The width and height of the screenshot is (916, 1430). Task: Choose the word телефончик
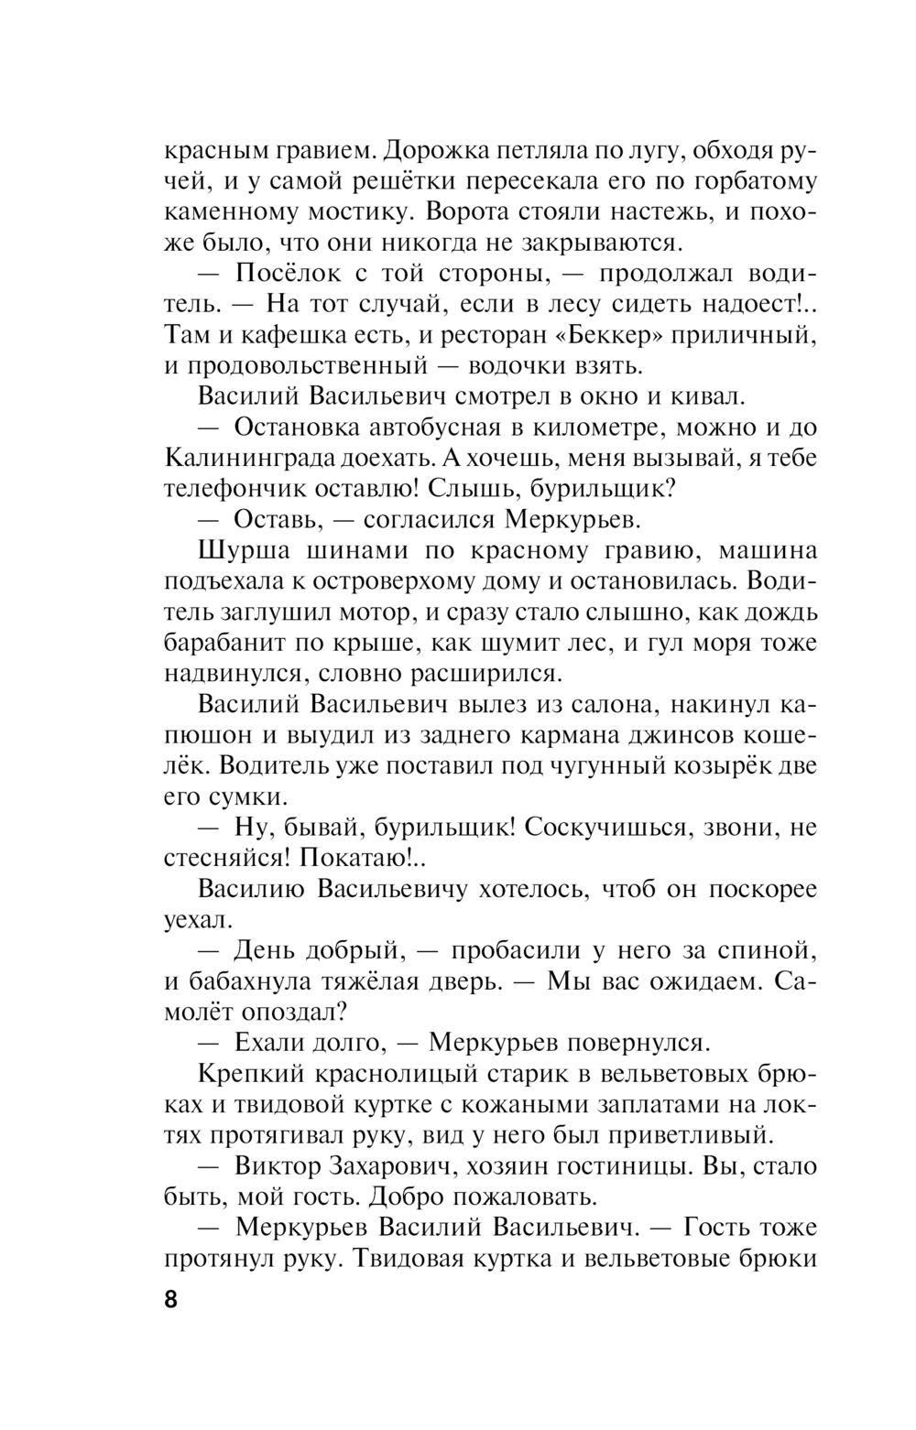coord(235,489)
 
